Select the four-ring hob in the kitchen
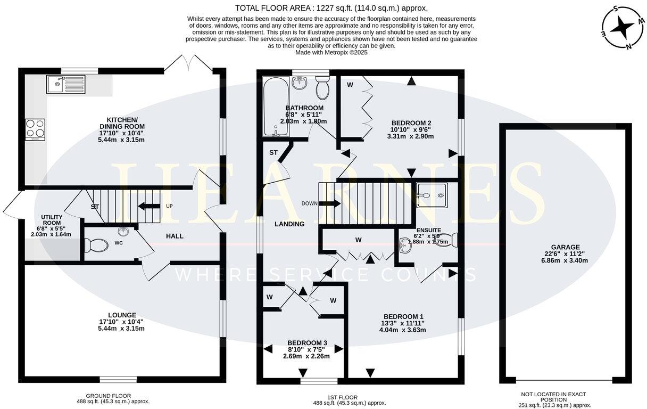pyautogui.click(x=35, y=129)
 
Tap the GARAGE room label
pyautogui.click(x=565, y=255)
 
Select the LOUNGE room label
pyautogui.click(x=121, y=315)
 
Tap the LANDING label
pyautogui.click(x=289, y=224)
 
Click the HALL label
pyautogui.click(x=175, y=236)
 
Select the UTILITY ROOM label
pyautogui.click(x=52, y=220)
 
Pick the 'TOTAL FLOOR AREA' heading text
pyautogui.click(x=331, y=8)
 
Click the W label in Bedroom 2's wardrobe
pyautogui.click(x=350, y=85)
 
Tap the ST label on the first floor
pyautogui.click(x=273, y=153)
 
